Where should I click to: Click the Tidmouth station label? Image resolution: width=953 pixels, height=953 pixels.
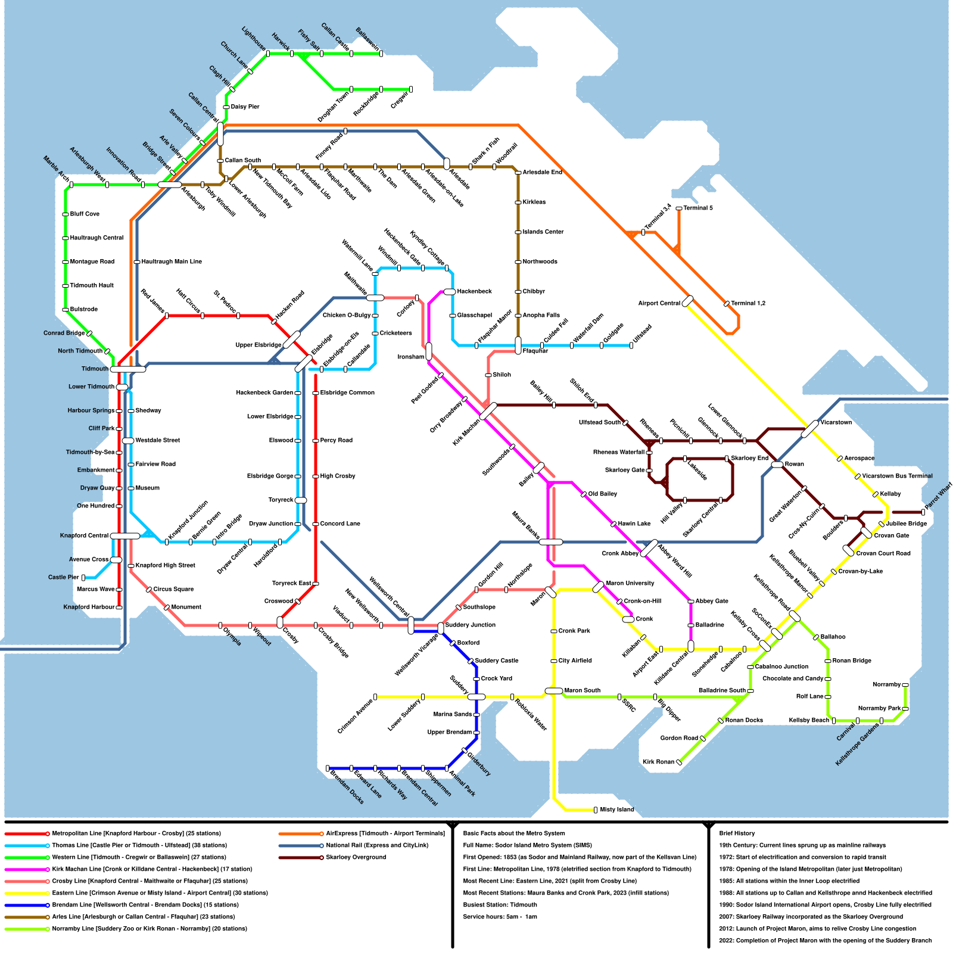pos(95,369)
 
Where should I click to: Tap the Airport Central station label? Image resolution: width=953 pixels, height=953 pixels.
pos(659,303)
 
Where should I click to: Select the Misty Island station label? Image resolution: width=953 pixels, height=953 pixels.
pos(616,810)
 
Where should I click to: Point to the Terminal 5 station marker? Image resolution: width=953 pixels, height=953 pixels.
pos(678,208)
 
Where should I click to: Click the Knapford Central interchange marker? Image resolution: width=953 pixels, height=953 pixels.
pos(125,536)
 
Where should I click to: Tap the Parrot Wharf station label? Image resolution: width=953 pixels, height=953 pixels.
pos(939,497)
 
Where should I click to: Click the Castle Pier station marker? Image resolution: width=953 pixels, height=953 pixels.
pos(83,578)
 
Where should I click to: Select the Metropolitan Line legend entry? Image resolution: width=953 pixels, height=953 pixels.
pos(136,833)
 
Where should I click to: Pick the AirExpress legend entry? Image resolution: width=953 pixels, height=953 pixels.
pos(385,833)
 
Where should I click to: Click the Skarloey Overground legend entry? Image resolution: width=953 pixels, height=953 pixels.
pos(356,857)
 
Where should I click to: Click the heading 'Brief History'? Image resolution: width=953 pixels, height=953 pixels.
pos(737,833)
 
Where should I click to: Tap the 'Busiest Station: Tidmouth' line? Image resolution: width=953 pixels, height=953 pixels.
pos(500,905)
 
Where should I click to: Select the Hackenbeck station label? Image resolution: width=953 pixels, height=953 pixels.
pos(474,291)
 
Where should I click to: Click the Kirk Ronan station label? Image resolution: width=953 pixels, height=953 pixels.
pos(658,762)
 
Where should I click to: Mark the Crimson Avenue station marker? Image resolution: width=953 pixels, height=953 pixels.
pos(375,697)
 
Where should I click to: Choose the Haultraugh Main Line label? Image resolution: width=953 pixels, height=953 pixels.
pos(172,261)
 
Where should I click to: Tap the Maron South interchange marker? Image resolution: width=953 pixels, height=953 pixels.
pos(554,691)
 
